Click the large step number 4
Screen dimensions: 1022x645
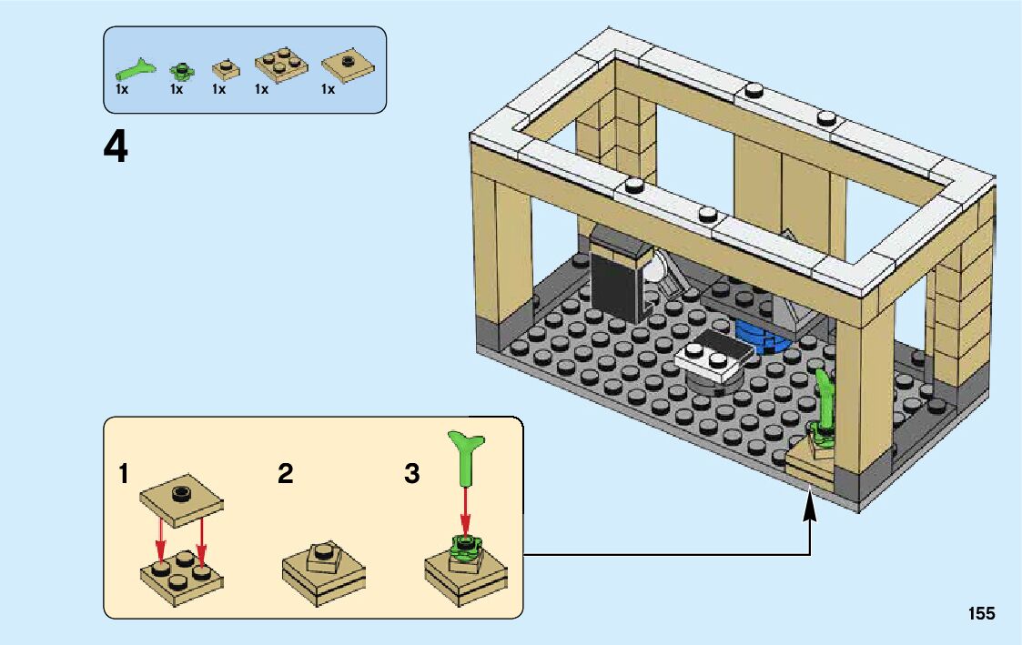(x=116, y=147)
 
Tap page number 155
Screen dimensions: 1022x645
(x=981, y=613)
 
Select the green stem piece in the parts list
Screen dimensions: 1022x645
(x=136, y=67)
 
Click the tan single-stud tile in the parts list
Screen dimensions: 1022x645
(x=347, y=65)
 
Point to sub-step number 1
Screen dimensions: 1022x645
(x=124, y=474)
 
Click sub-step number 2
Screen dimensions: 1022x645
(x=286, y=474)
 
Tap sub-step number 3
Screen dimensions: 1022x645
(x=412, y=474)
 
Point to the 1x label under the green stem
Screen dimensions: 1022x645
(x=122, y=89)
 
